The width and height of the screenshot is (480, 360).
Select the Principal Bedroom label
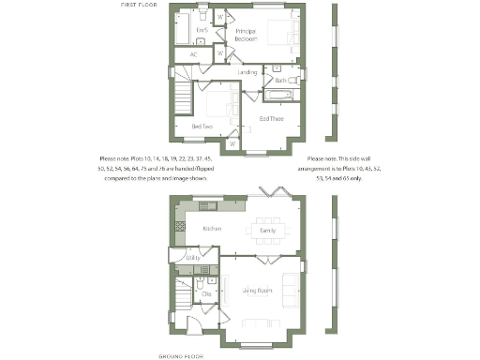[x=219, y=37]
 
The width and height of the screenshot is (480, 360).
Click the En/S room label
[x=200, y=31]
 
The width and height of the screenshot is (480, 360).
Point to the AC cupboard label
[x=193, y=54]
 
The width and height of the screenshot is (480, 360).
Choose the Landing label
[x=247, y=72]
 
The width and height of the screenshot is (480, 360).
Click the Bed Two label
[x=202, y=127]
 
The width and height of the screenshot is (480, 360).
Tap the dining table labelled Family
[x=267, y=230]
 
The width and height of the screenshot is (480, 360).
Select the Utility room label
[x=193, y=256]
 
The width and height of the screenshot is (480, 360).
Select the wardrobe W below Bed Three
[x=232, y=144]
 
